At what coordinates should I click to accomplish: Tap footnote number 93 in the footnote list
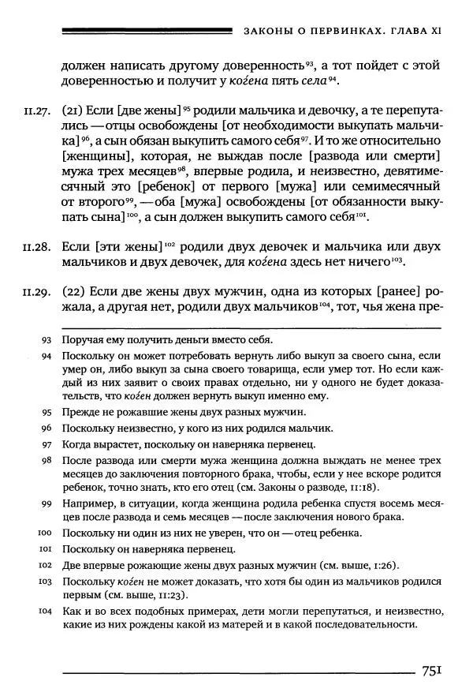46,340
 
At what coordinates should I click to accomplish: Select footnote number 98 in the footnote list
46,459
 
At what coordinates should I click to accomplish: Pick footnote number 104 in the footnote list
44,610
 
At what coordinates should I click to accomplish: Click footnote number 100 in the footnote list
44,533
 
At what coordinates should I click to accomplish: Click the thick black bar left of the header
146,31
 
